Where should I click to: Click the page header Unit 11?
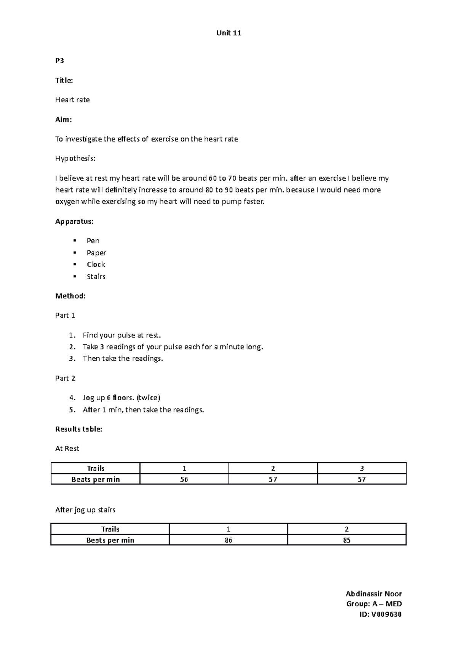click(x=228, y=33)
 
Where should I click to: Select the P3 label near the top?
click(x=59, y=60)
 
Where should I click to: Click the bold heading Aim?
click(x=63, y=119)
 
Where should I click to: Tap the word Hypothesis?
click(x=75, y=159)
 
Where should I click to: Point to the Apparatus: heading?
click(x=74, y=221)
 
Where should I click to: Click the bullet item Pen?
click(x=93, y=241)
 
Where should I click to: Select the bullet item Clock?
click(x=96, y=264)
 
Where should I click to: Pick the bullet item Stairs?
click(x=96, y=277)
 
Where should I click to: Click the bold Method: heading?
click(x=70, y=296)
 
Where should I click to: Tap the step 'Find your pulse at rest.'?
click(x=121, y=335)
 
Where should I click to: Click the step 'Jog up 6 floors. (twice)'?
click(x=121, y=398)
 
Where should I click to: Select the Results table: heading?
click(x=78, y=429)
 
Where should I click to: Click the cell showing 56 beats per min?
click(x=184, y=479)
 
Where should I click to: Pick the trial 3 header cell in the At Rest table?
click(x=361, y=468)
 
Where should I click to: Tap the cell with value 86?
click(x=228, y=540)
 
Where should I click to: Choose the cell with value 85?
click(x=347, y=540)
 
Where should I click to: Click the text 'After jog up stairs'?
click(x=85, y=510)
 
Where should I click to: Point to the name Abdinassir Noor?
click(x=373, y=594)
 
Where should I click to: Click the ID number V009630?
click(x=386, y=614)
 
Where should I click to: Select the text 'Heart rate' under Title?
click(x=72, y=100)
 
